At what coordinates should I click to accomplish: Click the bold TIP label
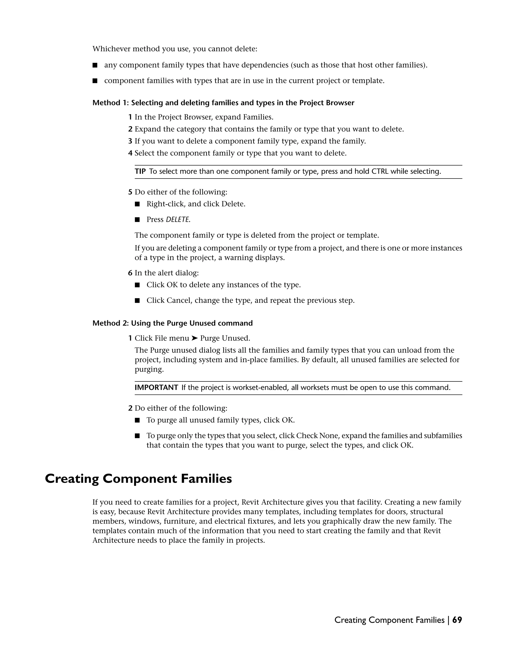tap(140, 172)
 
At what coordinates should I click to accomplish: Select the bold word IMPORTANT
tap(156, 387)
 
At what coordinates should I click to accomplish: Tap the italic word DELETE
tap(178, 220)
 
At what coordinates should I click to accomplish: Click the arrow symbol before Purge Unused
tap(195, 338)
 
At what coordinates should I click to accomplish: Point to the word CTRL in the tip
tap(380, 172)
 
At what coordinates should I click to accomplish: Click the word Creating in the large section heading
tap(72, 479)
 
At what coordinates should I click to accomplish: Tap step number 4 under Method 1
tap(130, 153)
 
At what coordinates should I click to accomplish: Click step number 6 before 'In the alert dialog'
tap(130, 273)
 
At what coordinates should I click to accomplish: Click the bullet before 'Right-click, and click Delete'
tap(137, 204)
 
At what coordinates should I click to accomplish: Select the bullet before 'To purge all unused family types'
tap(137, 420)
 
